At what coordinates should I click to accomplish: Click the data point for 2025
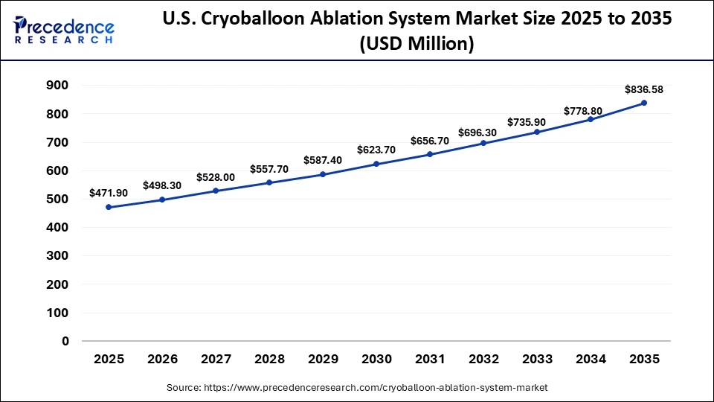click(109, 207)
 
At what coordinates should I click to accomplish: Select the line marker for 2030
click(376, 164)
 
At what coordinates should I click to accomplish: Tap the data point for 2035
click(644, 103)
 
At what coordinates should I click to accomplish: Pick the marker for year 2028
click(269, 182)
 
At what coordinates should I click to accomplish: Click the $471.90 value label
click(109, 193)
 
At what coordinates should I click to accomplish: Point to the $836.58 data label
click(644, 89)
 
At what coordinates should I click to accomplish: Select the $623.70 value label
click(376, 150)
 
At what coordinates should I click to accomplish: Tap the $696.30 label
click(483, 132)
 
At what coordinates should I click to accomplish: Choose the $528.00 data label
click(216, 177)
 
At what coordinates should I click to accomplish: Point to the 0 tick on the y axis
click(65, 342)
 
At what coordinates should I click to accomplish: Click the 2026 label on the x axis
click(162, 360)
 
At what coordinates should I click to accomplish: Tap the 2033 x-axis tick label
click(537, 360)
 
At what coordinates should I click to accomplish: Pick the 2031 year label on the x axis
click(430, 360)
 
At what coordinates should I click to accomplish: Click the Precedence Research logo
click(64, 29)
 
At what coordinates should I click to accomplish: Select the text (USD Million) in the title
click(416, 45)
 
